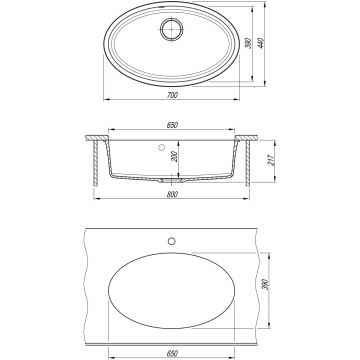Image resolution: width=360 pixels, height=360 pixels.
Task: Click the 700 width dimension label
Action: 171,95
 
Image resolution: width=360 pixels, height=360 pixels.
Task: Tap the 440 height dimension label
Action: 261,43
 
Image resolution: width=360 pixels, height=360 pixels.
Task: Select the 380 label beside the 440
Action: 248,43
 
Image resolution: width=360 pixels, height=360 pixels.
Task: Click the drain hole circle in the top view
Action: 172,29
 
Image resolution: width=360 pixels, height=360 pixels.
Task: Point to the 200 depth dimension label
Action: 174,157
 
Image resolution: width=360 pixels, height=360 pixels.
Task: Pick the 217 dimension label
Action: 271,161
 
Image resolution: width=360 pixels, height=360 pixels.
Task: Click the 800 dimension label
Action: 172,195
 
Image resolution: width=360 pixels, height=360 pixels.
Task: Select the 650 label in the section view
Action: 172,125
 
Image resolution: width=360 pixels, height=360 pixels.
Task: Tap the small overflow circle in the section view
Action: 162,147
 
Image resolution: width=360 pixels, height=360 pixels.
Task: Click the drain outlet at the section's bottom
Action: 172,180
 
